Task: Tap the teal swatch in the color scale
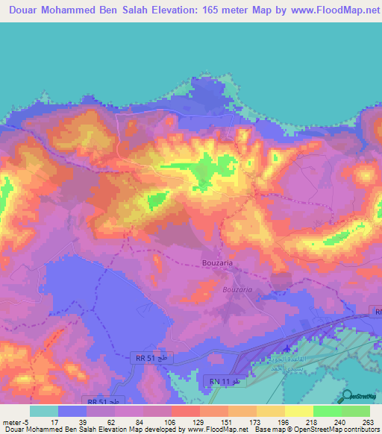[x=44, y=411]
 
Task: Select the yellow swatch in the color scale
[x=299, y=411]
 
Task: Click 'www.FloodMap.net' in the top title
[x=329, y=10]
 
